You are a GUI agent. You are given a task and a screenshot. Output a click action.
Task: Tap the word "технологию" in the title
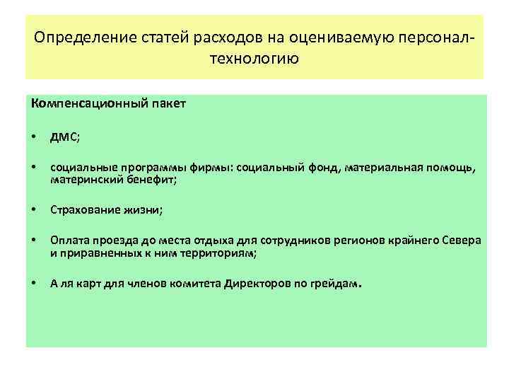254,58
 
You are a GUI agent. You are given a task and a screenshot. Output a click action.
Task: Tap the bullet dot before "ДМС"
34,137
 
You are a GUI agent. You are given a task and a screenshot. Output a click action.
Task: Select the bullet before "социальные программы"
34,168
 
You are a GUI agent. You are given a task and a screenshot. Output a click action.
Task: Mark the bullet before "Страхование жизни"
34,210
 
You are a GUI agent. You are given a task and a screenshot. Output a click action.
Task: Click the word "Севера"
463,240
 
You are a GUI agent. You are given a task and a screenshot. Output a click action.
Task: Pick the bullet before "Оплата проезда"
34,240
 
